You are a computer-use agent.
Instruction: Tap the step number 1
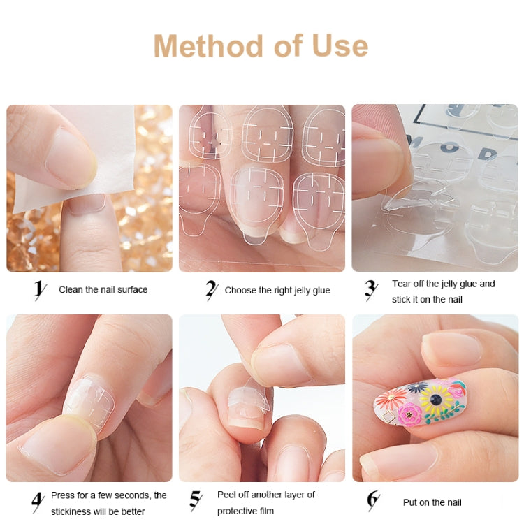point(41,289)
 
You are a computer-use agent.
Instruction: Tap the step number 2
point(211,289)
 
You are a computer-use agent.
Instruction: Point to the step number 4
point(38,502)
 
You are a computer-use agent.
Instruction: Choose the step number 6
point(373,501)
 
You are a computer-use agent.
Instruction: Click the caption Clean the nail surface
point(103,289)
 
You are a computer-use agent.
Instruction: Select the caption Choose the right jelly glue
point(277,290)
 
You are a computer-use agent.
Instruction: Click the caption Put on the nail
point(432,502)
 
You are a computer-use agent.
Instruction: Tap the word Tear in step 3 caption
point(402,284)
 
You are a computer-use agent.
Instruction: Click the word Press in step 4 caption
point(64,495)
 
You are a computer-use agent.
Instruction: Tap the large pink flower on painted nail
point(410,414)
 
